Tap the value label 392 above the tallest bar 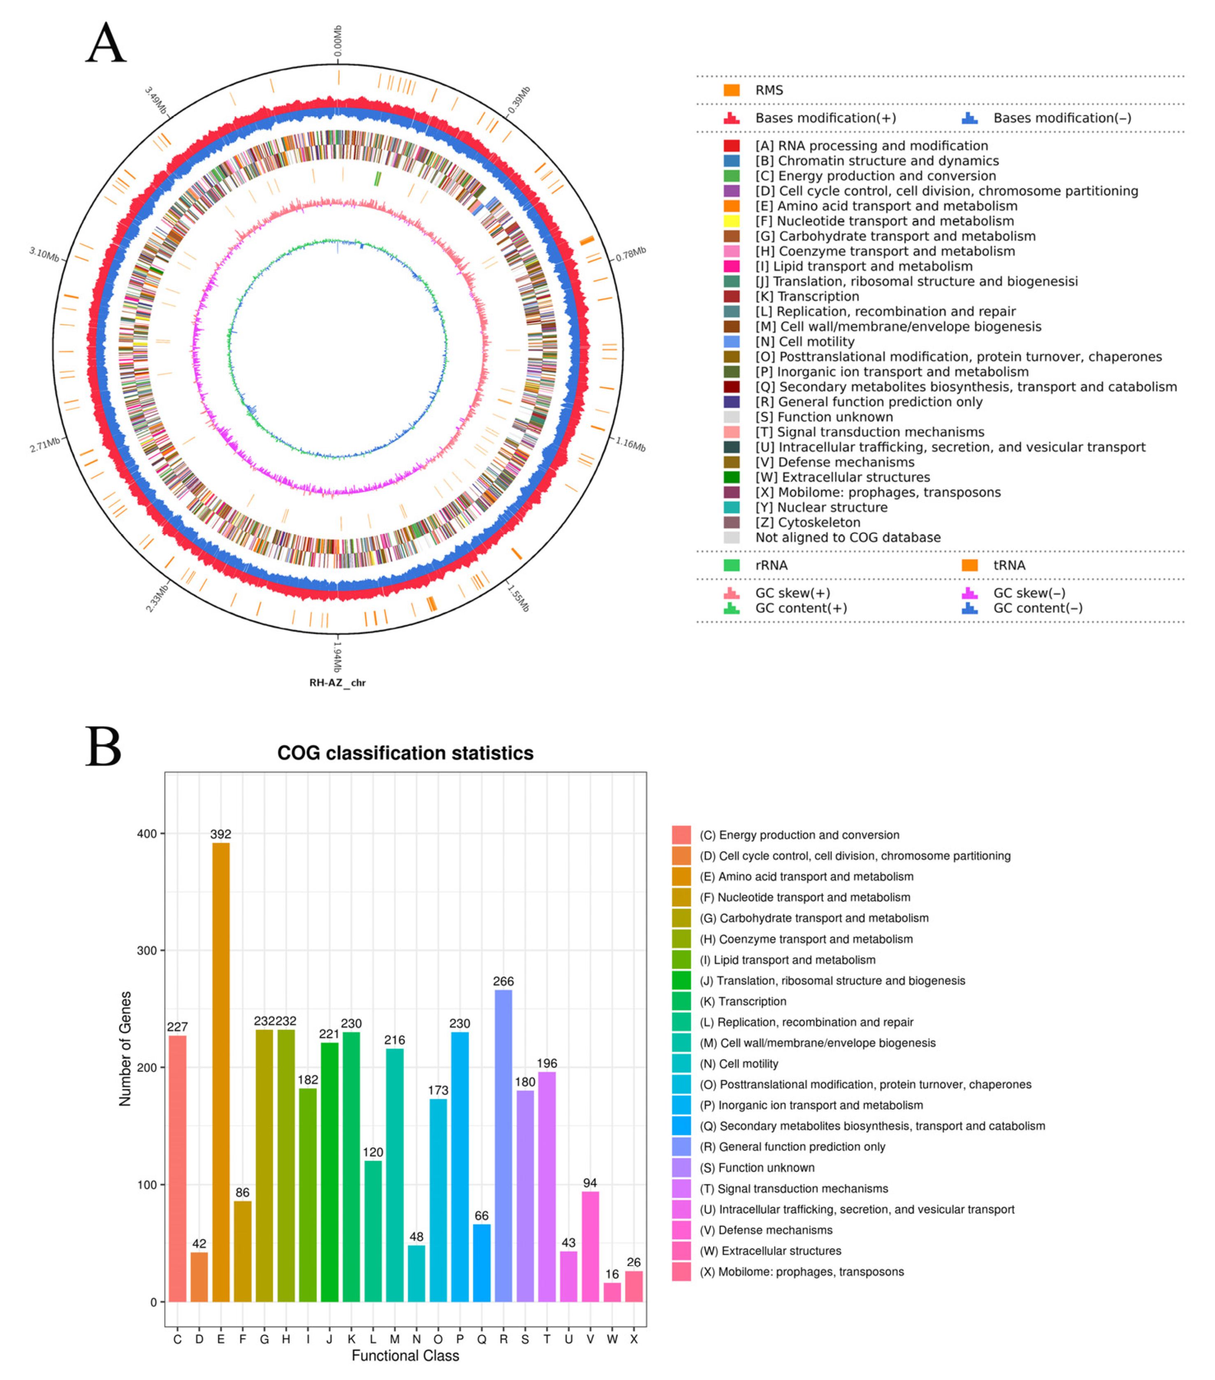point(221,834)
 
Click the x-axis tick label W point(612,1339)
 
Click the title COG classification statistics point(405,753)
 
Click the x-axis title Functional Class point(405,1356)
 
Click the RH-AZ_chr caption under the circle point(338,682)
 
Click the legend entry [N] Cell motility point(804,342)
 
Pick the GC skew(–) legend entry point(1029,593)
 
